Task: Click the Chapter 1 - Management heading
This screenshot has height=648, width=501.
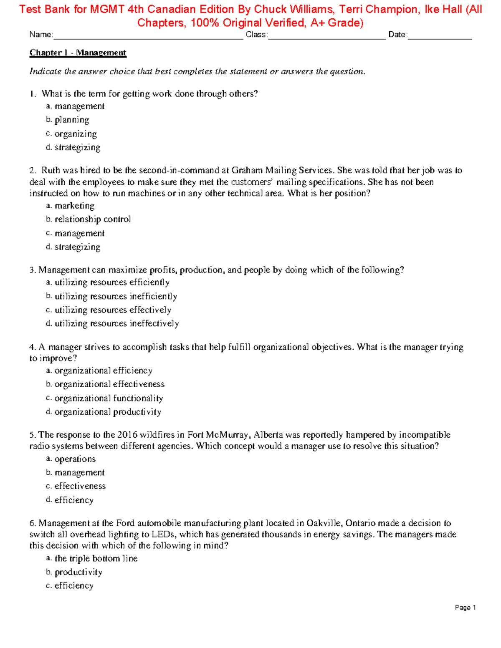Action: pos(78,53)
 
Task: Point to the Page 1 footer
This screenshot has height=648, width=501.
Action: pos(465,608)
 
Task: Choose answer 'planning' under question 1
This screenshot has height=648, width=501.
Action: pos(72,120)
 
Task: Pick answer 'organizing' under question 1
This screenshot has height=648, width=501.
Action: pos(76,134)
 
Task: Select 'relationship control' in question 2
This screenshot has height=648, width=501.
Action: pos(92,219)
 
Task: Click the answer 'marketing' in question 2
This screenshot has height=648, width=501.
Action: pos(74,206)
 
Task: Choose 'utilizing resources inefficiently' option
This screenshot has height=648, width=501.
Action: pos(116,296)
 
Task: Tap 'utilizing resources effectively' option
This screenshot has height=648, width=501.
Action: pos(113,310)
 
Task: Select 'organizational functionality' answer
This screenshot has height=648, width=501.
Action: pos(109,398)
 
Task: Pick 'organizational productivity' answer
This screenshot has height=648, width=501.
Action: pos(108,412)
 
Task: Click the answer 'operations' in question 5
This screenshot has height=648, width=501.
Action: pos(75,459)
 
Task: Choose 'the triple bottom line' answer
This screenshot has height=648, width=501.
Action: pos(96,558)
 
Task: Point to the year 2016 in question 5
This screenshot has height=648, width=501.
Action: pos(127,435)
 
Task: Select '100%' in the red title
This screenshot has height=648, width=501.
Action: pos(205,23)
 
